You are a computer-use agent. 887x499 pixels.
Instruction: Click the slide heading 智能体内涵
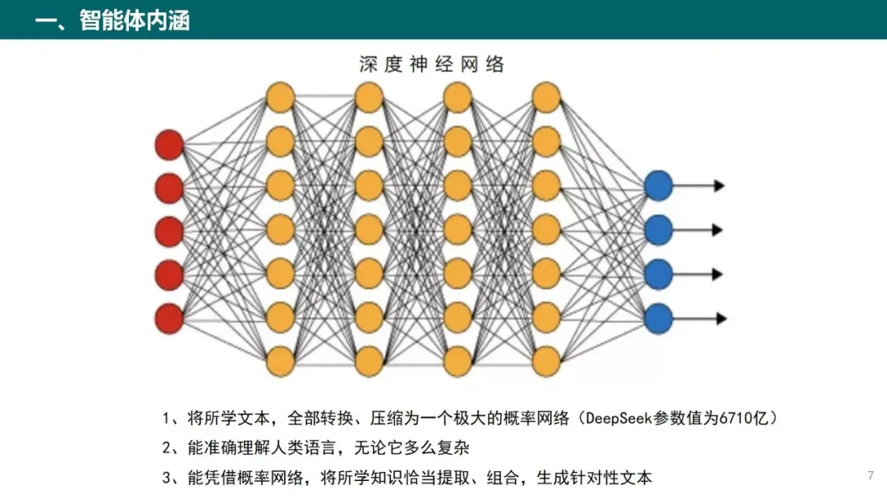click(135, 21)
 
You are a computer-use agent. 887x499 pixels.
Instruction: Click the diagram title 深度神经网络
click(432, 64)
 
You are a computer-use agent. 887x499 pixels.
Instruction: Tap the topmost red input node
click(169, 144)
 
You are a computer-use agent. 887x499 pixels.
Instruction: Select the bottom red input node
click(169, 318)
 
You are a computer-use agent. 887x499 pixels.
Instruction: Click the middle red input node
click(169, 231)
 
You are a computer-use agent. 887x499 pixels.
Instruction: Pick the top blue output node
click(659, 185)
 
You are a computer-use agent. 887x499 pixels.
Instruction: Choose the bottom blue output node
click(659, 318)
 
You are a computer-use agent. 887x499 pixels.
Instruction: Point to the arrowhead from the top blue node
click(719, 185)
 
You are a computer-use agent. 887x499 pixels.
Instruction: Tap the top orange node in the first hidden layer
click(280, 97)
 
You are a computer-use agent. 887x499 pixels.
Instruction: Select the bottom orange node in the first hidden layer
click(280, 362)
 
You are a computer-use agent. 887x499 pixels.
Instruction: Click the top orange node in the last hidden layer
click(546, 97)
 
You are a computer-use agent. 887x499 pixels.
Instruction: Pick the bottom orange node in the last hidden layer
click(546, 362)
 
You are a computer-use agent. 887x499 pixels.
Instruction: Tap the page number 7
click(871, 475)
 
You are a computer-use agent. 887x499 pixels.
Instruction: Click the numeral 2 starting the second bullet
click(166, 448)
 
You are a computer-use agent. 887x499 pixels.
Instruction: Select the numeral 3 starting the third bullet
click(166, 478)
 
